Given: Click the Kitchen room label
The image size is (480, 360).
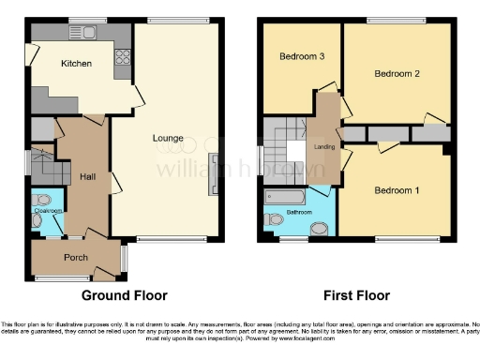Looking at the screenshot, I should [x=76, y=63].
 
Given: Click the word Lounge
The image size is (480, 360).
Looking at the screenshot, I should [x=169, y=139].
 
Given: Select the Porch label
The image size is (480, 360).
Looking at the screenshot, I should [x=76, y=258].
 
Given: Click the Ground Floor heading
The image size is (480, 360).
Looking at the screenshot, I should [x=125, y=295].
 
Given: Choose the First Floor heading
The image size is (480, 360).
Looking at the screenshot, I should [x=356, y=295].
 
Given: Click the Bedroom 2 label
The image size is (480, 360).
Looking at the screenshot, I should [x=397, y=73].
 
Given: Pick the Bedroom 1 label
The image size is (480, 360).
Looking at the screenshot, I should [x=397, y=190].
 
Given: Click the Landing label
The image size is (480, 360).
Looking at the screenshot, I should [x=324, y=145].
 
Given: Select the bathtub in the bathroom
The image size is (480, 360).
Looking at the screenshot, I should [x=285, y=196].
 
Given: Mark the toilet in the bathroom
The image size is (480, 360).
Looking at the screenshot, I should [x=274, y=219].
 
